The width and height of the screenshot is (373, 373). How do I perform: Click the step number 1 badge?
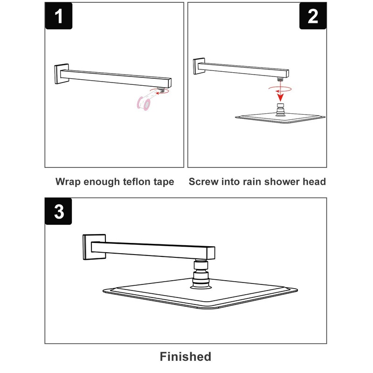59,16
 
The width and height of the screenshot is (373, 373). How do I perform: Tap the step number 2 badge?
313,16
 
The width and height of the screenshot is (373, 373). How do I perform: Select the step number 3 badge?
59,211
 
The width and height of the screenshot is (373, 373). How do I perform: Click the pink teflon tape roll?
144,103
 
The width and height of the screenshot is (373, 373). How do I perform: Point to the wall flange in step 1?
62,74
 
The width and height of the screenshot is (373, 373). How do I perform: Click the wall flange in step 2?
199,66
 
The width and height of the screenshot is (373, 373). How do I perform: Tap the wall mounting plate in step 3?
94,247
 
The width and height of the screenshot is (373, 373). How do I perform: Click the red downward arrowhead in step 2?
281,97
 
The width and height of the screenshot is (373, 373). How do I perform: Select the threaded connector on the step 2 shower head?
281,110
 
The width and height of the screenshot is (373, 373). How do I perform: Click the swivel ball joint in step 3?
201,274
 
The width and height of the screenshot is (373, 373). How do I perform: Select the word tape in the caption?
164,182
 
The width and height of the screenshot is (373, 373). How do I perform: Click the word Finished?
186,357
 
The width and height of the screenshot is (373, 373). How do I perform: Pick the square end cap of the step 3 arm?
211,253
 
